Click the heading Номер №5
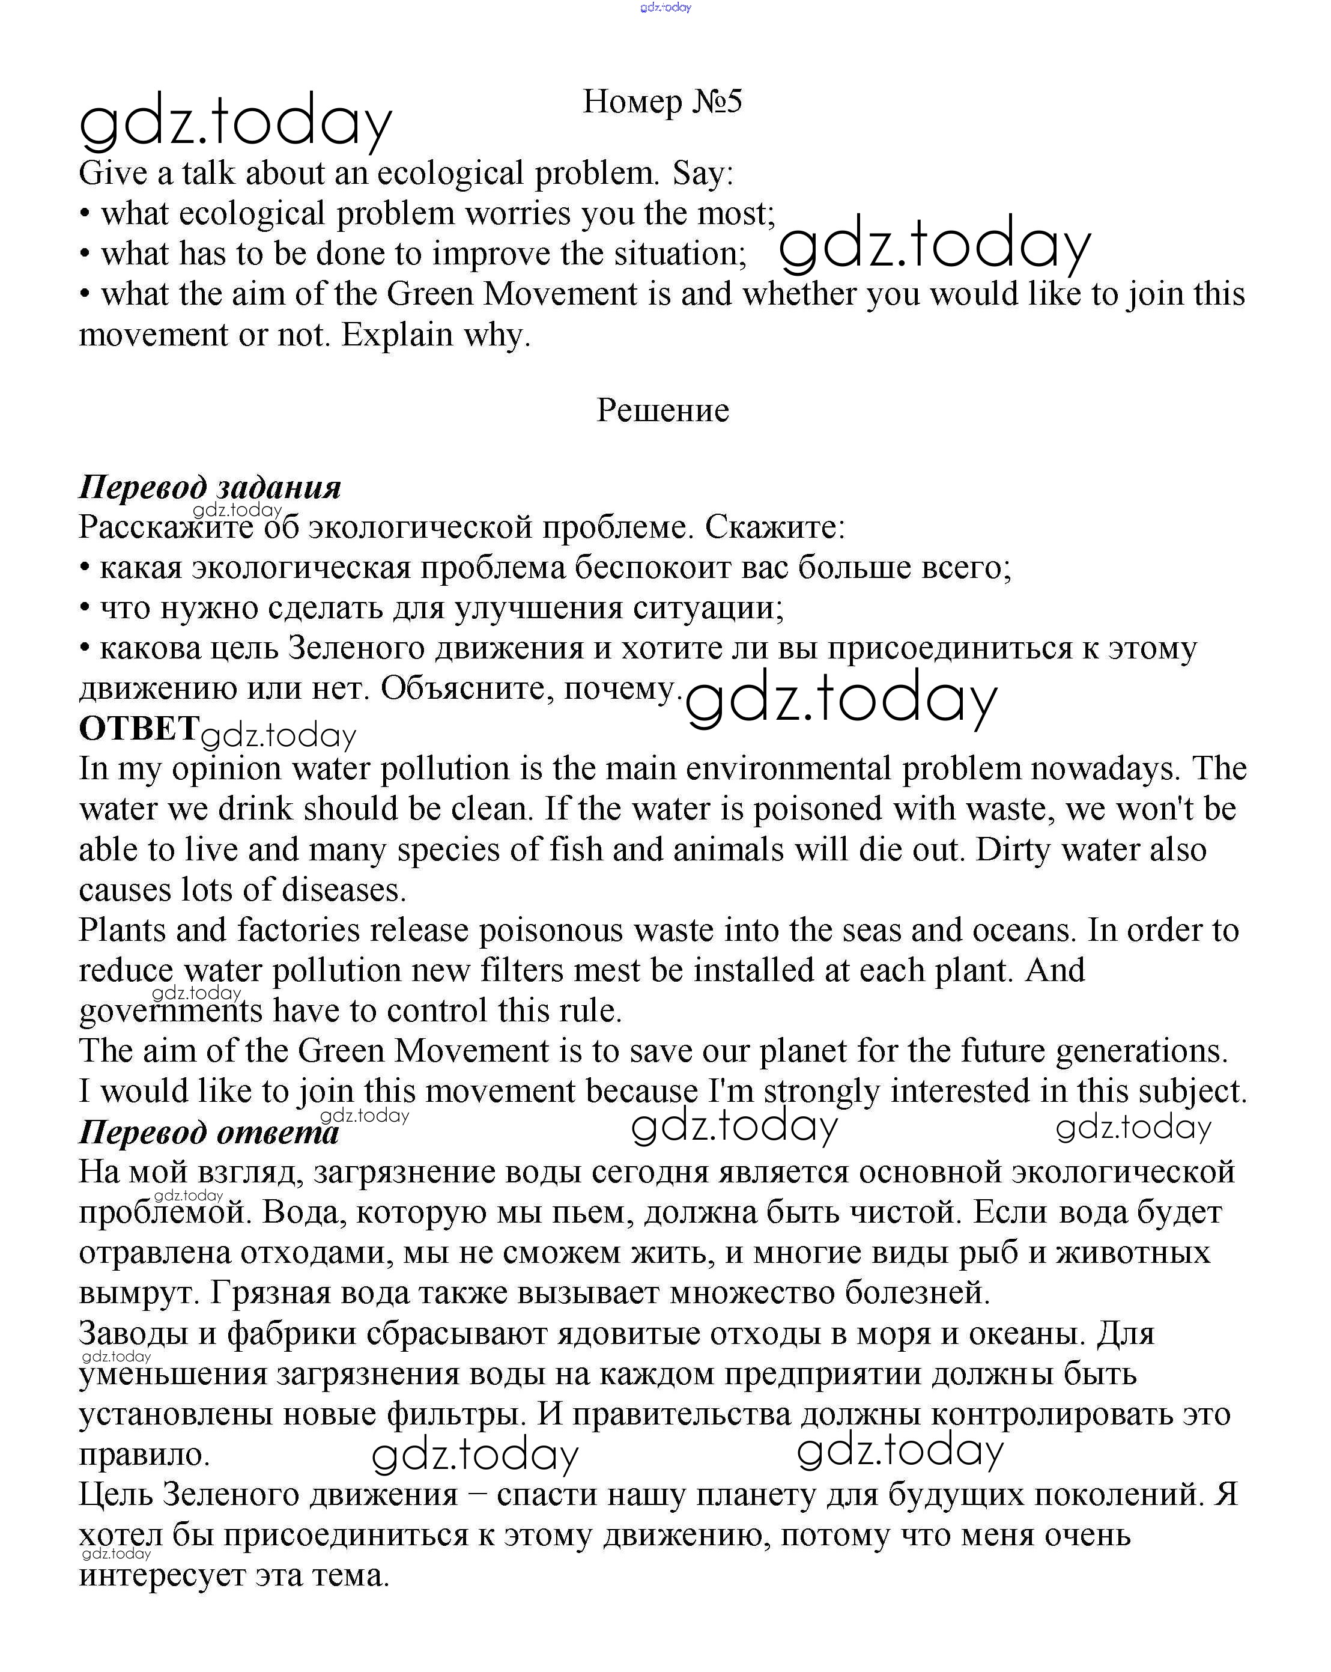[x=662, y=102]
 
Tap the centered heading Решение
[x=662, y=410]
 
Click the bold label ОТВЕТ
[x=139, y=728]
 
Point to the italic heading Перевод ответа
[x=208, y=1132]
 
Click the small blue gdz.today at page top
[x=665, y=7]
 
